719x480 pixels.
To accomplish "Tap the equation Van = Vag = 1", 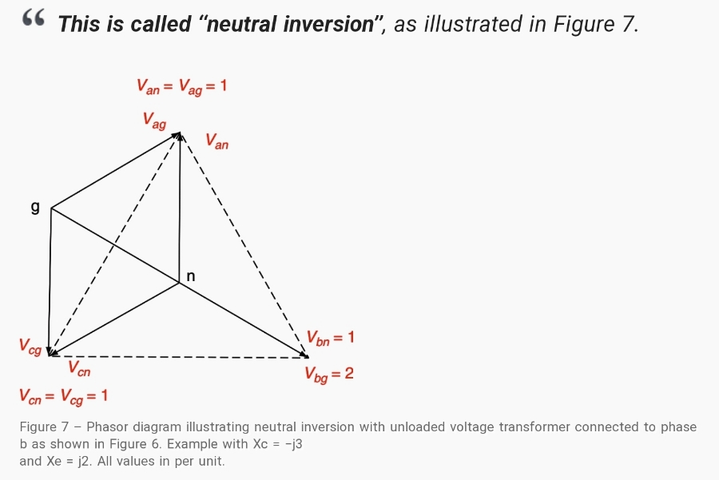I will point(181,85).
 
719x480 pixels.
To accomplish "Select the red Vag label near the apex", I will point(154,121).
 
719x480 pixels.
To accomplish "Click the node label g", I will point(34,208).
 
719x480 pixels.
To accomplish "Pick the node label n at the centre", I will point(190,276).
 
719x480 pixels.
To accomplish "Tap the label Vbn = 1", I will point(329,338).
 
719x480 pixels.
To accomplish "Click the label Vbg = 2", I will point(328,373).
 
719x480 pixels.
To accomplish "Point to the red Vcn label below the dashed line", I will point(78,368).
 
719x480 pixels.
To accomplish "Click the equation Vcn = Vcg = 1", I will point(63,395).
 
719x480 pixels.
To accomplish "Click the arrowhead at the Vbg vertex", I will point(304,354).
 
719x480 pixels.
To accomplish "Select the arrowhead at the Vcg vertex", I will point(51,352).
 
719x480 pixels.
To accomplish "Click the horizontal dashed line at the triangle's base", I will point(176,356).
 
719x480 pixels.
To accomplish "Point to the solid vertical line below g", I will point(50,280).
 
